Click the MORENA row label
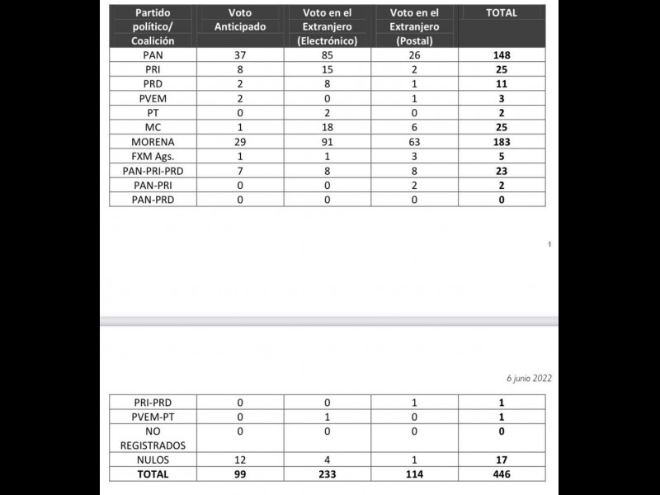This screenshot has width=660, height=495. click(153, 142)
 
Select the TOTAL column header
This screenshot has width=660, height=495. click(502, 13)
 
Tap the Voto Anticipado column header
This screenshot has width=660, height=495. click(239, 21)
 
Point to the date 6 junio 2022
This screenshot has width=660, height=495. click(529, 378)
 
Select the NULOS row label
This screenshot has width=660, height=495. click(153, 459)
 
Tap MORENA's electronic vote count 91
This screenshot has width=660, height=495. click(328, 142)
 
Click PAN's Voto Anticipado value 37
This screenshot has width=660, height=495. click(239, 55)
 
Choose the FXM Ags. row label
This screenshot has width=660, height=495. click(153, 156)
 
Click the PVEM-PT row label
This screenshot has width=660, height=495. click(153, 417)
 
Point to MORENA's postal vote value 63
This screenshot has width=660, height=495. click(416, 142)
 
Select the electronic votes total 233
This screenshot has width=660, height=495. click(328, 474)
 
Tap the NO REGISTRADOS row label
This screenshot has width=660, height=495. click(153, 437)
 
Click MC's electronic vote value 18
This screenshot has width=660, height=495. click(328, 127)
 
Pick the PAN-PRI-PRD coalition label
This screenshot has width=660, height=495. click(153, 171)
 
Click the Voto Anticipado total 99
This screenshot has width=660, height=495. click(239, 474)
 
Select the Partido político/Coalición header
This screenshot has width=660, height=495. click(153, 26)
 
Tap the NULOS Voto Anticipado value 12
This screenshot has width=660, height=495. click(239, 459)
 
